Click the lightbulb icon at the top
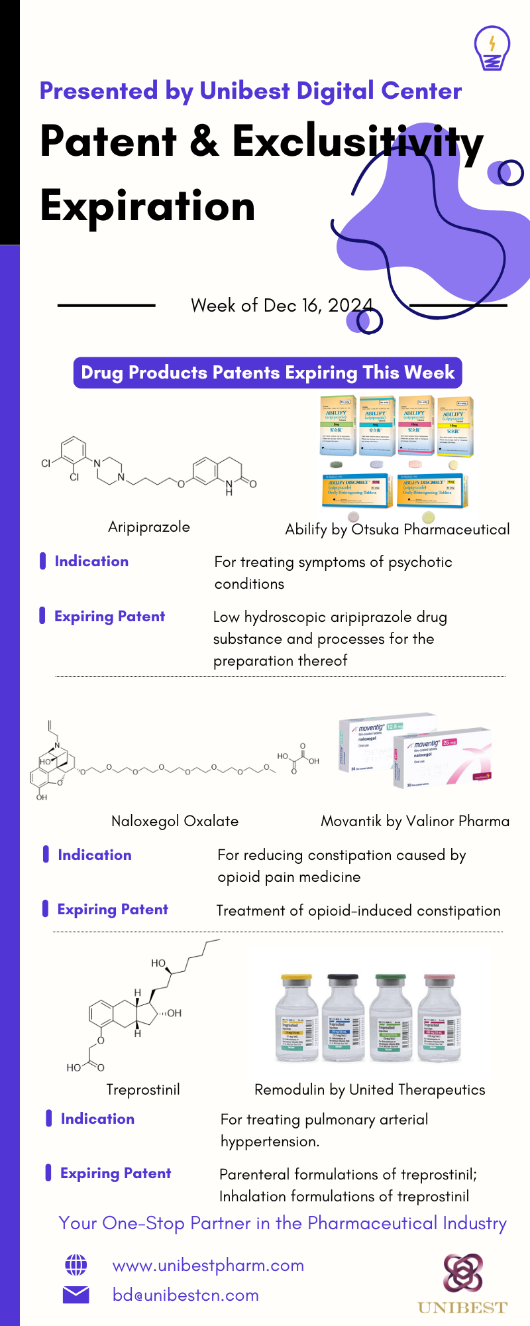point(492,48)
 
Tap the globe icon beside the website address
point(76,1265)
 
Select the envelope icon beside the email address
point(76,1294)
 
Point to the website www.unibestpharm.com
point(208,1265)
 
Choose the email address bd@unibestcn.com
point(185,1295)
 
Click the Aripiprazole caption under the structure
point(149,527)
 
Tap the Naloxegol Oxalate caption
point(175,821)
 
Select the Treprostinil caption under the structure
point(143,1090)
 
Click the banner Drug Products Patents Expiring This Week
point(268,373)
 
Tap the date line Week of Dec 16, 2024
point(282,305)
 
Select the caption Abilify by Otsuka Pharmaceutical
point(397,529)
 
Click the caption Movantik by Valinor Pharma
point(415,821)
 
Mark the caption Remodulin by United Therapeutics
point(370,1090)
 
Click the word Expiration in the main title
point(148,206)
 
